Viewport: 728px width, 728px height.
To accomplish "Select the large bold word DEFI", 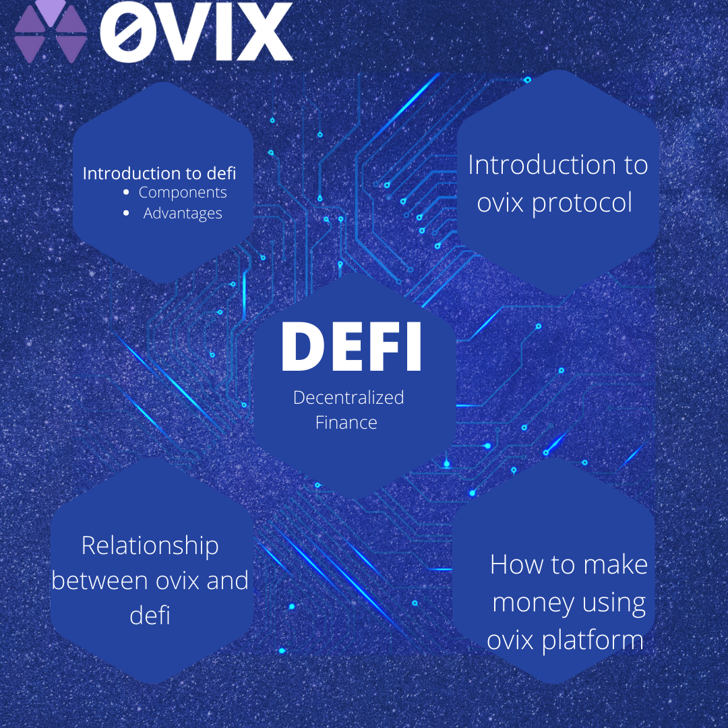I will [351, 347].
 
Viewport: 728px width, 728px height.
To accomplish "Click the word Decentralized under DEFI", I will [348, 398].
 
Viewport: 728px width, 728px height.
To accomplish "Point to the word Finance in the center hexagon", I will [346, 423].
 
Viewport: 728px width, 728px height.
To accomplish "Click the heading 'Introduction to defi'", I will [159, 173].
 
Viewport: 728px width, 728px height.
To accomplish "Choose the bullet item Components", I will [183, 193].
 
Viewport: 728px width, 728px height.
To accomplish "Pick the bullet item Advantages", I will [183, 214].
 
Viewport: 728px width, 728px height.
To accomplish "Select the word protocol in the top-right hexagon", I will [582, 202].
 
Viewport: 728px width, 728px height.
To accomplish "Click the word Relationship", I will [150, 545].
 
